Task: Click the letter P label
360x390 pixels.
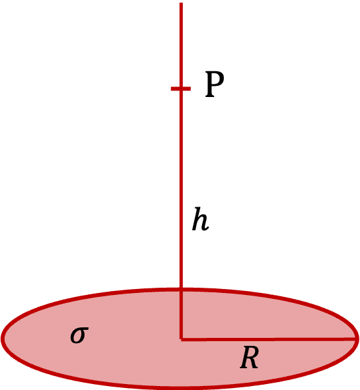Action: coord(214,84)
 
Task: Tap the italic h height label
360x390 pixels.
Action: coord(200,219)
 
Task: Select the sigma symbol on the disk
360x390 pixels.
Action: coord(79,335)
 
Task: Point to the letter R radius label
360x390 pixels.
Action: coord(249,358)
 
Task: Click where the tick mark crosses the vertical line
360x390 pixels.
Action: coord(181,88)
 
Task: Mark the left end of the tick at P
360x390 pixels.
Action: coord(171,88)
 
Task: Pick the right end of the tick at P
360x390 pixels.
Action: coord(191,88)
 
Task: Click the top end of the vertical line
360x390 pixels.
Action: coord(181,3)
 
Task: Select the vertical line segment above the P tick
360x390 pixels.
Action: coord(181,45)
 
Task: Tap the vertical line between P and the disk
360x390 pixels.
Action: coord(181,189)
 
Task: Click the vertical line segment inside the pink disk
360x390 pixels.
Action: coord(181,314)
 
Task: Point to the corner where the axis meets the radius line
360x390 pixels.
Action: coord(181,339)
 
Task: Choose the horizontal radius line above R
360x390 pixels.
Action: coord(268,339)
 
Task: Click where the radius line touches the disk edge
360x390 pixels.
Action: coord(356,339)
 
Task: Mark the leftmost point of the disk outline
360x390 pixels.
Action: coord(2,339)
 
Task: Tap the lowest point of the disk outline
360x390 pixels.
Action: coord(180,388)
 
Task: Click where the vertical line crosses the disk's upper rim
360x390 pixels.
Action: coord(181,289)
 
